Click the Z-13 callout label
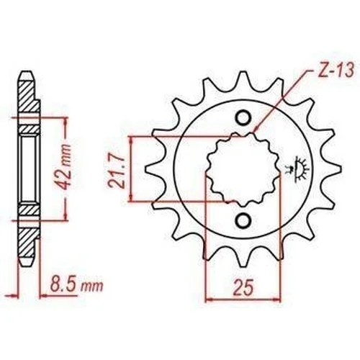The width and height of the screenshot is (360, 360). [x=336, y=71]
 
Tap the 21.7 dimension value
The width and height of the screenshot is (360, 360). [x=117, y=169]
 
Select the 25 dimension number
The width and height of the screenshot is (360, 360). [x=243, y=287]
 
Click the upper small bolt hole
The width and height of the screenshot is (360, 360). [x=243, y=117]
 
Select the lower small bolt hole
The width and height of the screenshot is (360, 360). [x=243, y=220]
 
